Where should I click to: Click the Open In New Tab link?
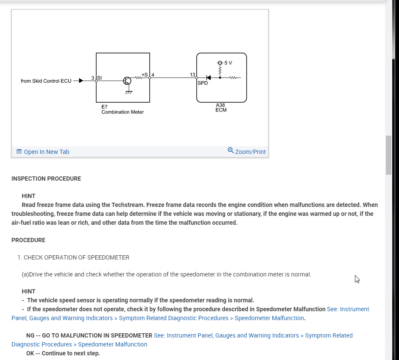[x=46, y=152]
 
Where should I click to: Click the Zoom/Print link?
[x=250, y=152]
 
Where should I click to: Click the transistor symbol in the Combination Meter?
[x=127, y=81]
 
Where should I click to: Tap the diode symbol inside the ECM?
[x=208, y=78]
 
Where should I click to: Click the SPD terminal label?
[x=203, y=83]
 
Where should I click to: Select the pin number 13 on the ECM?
[x=193, y=75]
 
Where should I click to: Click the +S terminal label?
[x=145, y=75]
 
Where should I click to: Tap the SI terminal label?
[x=100, y=78]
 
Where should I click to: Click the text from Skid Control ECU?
[x=46, y=81]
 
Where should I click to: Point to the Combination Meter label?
[x=123, y=112]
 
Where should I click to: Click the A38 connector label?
[x=220, y=105]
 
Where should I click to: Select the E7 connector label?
[x=104, y=107]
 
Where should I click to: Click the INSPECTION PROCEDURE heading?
[x=46, y=179]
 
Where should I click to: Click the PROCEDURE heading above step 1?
[x=28, y=240]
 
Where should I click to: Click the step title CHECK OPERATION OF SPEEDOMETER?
[x=76, y=257]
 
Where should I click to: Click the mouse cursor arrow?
[x=357, y=279]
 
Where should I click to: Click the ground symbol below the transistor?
[x=128, y=92]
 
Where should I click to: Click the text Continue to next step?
[x=71, y=353]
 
